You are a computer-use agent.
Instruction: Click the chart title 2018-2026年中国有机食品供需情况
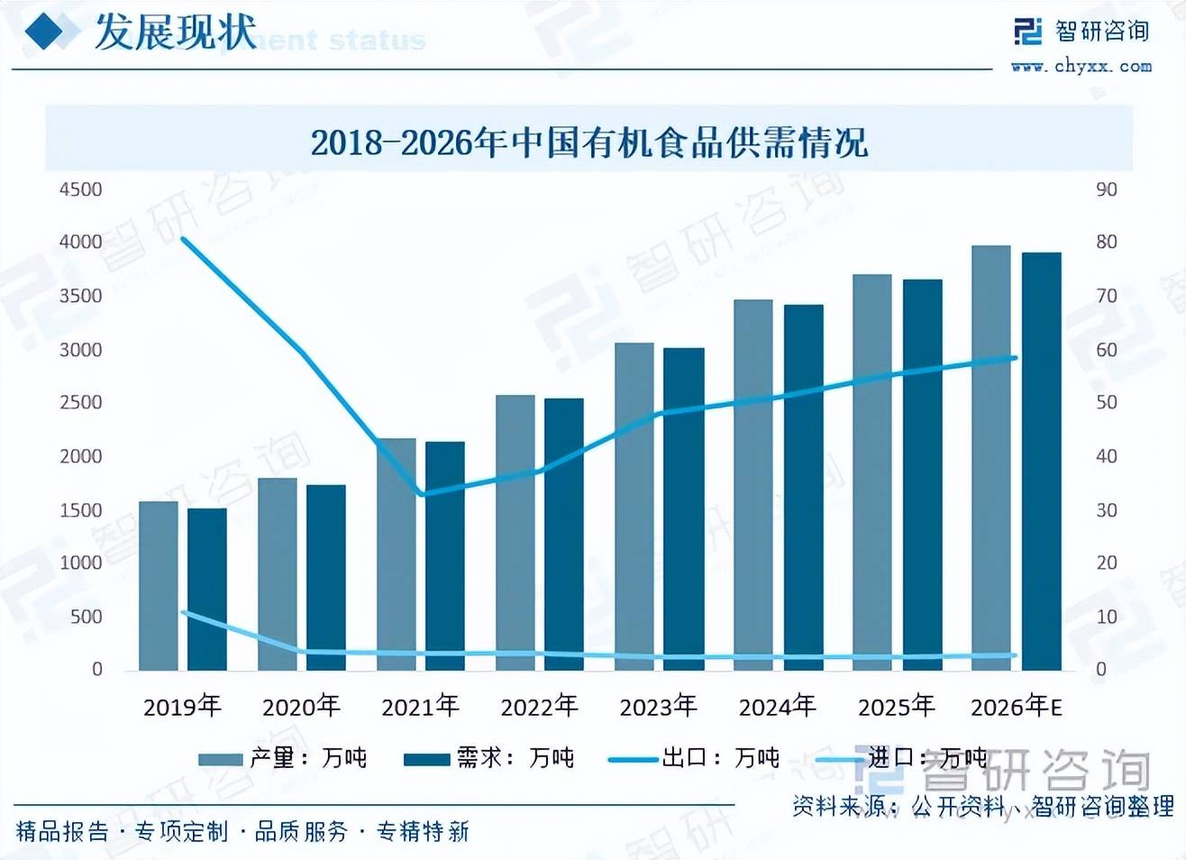click(589, 143)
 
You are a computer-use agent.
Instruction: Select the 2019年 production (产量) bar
click(159, 586)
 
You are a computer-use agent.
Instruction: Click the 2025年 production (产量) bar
click(872, 471)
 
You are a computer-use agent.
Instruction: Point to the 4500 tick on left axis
click(81, 189)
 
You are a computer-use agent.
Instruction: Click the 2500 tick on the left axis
click(81, 402)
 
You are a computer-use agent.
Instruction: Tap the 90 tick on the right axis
click(1106, 189)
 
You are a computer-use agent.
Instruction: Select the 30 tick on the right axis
click(1106, 510)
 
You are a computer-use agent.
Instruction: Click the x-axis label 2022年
click(539, 706)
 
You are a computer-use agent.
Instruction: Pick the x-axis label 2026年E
click(1016, 706)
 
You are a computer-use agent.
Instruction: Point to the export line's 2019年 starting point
click(183, 239)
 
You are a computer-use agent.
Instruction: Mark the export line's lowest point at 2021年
click(423, 494)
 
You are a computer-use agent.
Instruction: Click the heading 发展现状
click(175, 32)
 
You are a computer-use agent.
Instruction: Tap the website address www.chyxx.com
click(1081, 66)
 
